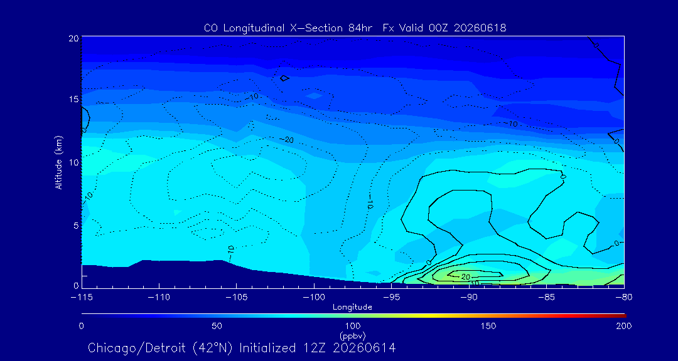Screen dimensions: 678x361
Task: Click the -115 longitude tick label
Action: click(81, 298)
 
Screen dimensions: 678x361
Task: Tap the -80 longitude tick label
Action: click(624, 298)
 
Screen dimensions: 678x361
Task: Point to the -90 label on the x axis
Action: click(469, 298)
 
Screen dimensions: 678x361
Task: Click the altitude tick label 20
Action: click(73, 38)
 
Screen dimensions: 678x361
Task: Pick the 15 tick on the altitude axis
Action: click(73, 99)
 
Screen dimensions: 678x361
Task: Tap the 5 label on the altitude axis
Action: click(76, 225)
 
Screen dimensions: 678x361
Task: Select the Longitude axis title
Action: click(352, 308)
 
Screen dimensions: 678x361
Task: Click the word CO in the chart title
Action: click(209, 28)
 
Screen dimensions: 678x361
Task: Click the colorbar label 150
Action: click(488, 326)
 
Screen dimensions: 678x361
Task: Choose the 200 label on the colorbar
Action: click(624, 326)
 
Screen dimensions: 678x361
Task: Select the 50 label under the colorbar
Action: click(217, 326)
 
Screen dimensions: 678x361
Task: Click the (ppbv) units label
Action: click(352, 335)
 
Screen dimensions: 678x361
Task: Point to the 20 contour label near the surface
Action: click(466, 276)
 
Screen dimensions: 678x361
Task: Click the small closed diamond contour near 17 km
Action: click(284, 78)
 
